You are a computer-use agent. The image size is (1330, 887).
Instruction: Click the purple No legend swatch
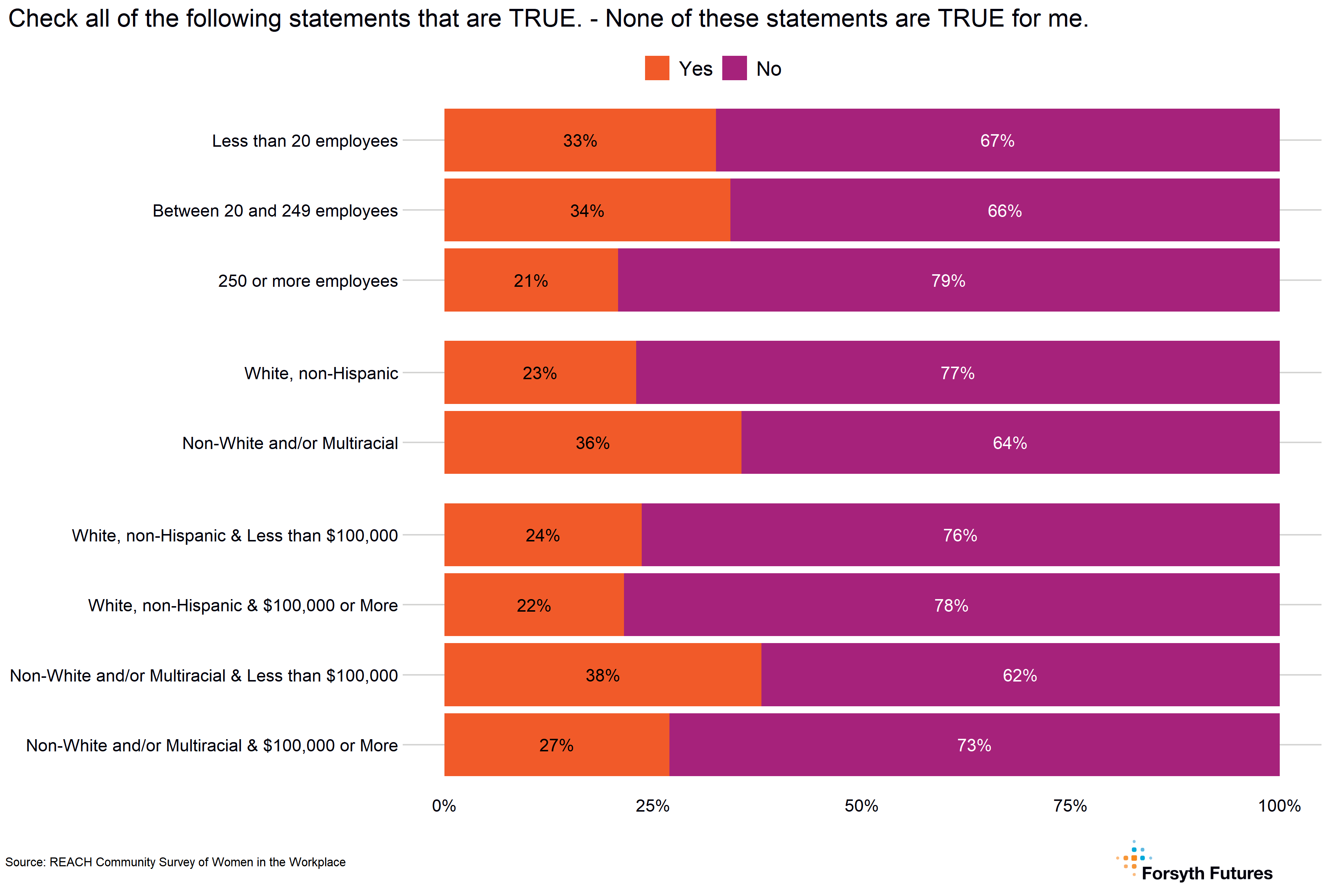click(x=734, y=68)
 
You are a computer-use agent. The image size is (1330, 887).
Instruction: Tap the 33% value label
click(x=580, y=140)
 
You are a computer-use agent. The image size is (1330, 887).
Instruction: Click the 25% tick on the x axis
click(x=652, y=806)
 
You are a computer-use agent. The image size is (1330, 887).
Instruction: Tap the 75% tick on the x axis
click(x=1070, y=806)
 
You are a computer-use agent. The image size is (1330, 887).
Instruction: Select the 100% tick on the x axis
click(x=1279, y=806)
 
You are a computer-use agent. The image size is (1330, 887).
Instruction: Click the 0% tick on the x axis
click(x=444, y=806)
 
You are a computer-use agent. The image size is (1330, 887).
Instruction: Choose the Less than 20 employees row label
click(x=305, y=140)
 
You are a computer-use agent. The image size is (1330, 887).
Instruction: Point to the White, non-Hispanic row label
click(x=321, y=373)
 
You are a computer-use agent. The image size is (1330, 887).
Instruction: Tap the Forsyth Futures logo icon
click(x=1134, y=858)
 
